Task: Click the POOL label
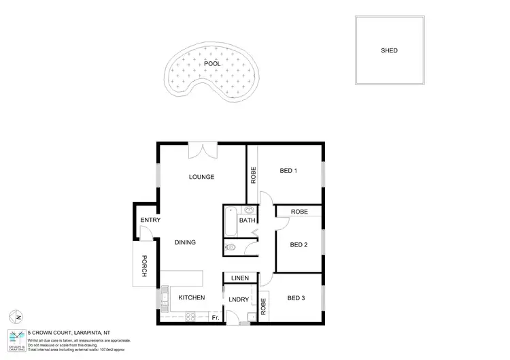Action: click(x=213, y=63)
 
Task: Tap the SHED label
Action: click(x=389, y=50)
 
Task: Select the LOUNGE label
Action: click(x=201, y=177)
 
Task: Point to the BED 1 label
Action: click(x=288, y=171)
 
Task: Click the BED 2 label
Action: click(x=299, y=245)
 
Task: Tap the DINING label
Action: click(x=185, y=242)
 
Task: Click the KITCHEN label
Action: click(x=192, y=298)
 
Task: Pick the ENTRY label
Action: click(x=150, y=220)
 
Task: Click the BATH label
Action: click(x=247, y=220)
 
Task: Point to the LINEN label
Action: click(x=239, y=278)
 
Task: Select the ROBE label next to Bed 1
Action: click(x=252, y=176)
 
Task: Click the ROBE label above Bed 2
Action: click(x=299, y=212)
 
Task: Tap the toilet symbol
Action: click(x=231, y=248)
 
